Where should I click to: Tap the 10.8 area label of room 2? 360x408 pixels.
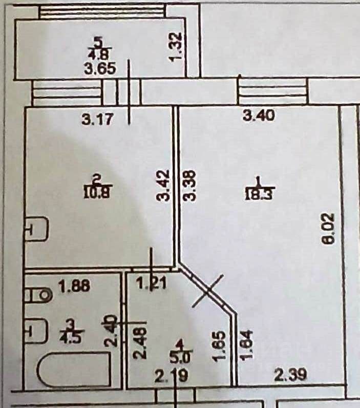coord(97,193)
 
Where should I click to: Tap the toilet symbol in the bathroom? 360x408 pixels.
coord(39,294)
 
